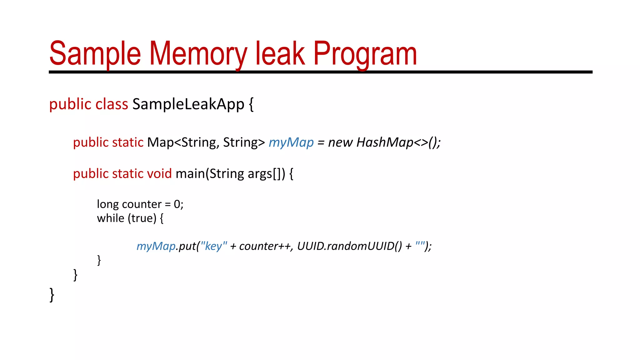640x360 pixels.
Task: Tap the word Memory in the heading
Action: pos(198,54)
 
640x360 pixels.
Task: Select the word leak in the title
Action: pos(280,54)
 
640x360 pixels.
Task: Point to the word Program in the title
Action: pos(365,54)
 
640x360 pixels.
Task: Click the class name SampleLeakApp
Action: pos(188,104)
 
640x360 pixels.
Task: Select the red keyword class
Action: pos(112,104)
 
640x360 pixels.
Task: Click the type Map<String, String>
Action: pos(206,142)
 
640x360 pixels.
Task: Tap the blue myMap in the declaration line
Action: pos(291,142)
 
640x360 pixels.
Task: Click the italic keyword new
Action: pos(340,142)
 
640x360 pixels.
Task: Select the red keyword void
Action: pos(159,173)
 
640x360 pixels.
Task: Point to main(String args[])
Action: pos(230,173)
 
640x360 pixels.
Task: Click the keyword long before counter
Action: pos(108,204)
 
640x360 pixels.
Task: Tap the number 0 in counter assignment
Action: pos(177,204)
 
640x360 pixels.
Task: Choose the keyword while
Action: pos(110,218)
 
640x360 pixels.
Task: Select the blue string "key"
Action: pos(214,246)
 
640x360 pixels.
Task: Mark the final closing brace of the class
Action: pos(52,295)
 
